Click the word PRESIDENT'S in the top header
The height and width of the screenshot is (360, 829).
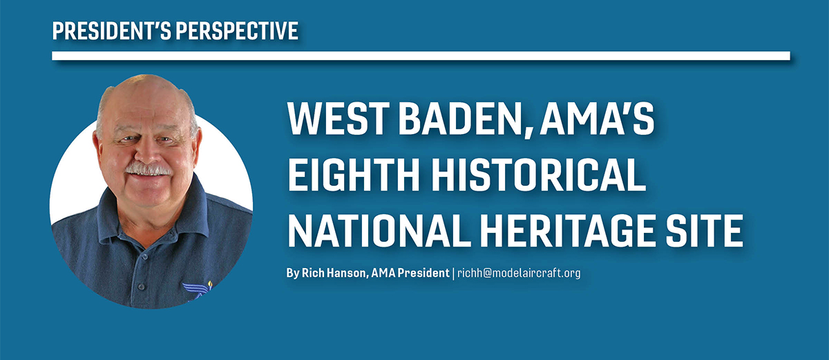pyautogui.click(x=111, y=30)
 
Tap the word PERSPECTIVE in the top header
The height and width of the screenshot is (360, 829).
pyautogui.click(x=237, y=30)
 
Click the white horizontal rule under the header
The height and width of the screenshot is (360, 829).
pyautogui.click(x=421, y=56)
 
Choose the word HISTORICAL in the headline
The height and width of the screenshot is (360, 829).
pyautogui.click(x=538, y=174)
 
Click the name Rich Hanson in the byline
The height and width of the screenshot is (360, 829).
pyautogui.click(x=334, y=273)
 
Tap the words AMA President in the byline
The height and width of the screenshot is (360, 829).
pyautogui.click(x=410, y=273)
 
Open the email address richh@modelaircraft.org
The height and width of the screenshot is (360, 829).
pyautogui.click(x=519, y=273)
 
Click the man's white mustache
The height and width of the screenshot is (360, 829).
pyautogui.click(x=148, y=169)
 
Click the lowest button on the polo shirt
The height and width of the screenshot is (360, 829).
pyautogui.click(x=141, y=286)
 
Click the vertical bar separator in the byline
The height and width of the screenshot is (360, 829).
pyautogui.click(x=453, y=274)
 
